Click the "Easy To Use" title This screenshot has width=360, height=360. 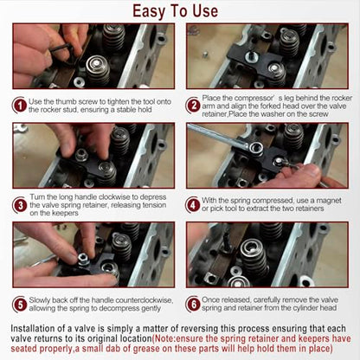click(x=175, y=12)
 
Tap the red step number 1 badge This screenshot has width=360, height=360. click(x=20, y=106)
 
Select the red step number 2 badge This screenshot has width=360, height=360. click(x=193, y=106)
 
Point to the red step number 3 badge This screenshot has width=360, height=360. click(x=20, y=205)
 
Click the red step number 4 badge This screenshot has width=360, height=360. click(x=193, y=205)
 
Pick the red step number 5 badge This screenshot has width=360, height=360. click(x=20, y=305)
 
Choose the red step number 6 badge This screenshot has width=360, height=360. click(x=193, y=304)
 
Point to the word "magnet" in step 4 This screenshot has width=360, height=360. click(x=329, y=201)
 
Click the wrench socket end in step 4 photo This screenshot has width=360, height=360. click(x=255, y=148)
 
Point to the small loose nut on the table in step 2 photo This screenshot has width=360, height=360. click(x=205, y=55)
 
